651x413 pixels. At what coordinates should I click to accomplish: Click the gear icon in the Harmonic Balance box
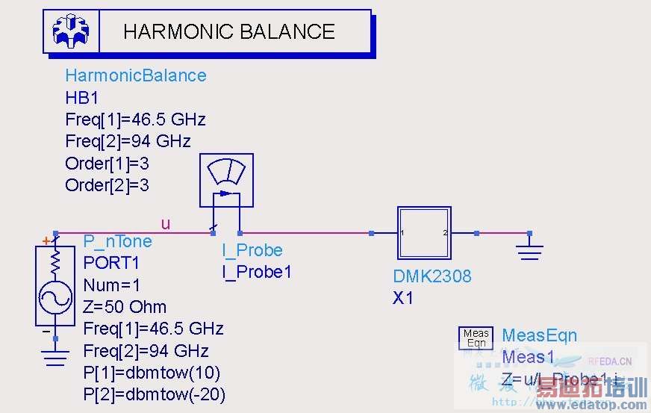[x=71, y=31]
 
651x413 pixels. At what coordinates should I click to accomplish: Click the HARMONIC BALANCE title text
[x=228, y=31]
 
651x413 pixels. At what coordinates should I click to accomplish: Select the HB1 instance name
[x=82, y=98]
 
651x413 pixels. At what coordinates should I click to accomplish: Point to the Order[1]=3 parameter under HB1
[x=107, y=164]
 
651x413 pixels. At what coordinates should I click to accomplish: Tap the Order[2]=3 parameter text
[x=107, y=185]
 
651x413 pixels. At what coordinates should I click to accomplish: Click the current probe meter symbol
[x=226, y=180]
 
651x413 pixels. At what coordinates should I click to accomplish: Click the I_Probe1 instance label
[x=256, y=272]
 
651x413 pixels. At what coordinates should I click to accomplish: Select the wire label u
[x=165, y=223]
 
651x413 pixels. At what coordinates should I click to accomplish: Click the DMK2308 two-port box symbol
[x=424, y=233]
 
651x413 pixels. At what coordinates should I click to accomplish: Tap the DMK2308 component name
[x=432, y=276]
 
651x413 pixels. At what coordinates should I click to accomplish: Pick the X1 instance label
[x=403, y=298]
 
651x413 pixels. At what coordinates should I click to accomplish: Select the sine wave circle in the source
[x=55, y=298]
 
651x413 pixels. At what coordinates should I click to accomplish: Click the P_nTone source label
[x=117, y=241]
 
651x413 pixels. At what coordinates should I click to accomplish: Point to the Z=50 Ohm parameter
[x=125, y=307]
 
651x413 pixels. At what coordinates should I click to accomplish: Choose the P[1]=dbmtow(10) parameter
[x=152, y=373]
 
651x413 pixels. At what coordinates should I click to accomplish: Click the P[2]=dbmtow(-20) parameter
[x=154, y=394]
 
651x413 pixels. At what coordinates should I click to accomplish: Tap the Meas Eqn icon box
[x=476, y=338]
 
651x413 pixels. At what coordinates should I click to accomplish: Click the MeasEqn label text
[x=539, y=336]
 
